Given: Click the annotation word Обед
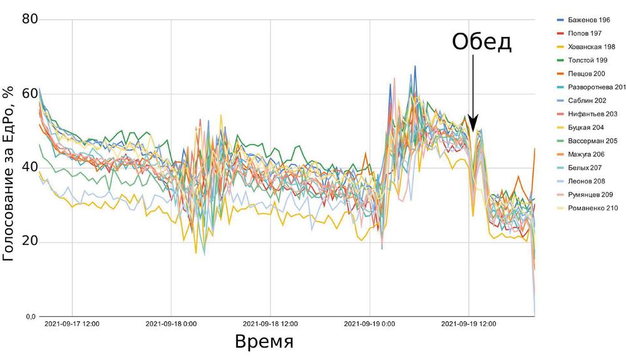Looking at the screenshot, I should pos(482,43).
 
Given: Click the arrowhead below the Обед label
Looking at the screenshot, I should pos(473,125).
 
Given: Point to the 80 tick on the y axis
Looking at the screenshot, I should pos(30,19).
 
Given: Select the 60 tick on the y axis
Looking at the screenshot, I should pos(30,94).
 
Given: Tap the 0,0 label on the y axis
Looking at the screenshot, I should pos(31,317).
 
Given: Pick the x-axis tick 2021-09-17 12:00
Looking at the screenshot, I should pos(72,324).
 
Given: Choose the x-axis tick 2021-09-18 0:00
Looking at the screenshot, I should pos(171,324).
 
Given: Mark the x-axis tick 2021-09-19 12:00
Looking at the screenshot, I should pos(468,324).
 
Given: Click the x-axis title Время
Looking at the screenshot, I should pos(264,342).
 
